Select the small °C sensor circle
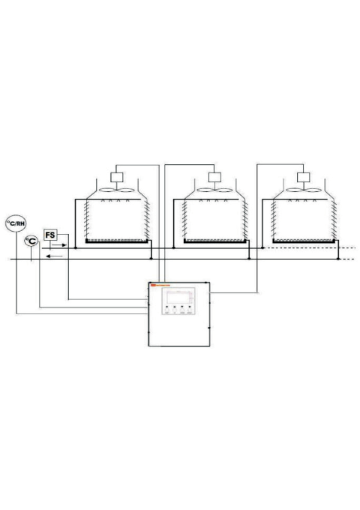[31, 241]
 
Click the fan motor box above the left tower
[116, 178]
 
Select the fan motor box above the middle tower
[215, 178]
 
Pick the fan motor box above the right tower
[303, 178]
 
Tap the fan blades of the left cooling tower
[116, 190]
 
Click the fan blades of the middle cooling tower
[215, 190]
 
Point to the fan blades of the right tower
[303, 190]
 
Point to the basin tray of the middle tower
[215, 241]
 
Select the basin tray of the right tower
[303, 241]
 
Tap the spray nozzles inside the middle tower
[215, 202]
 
